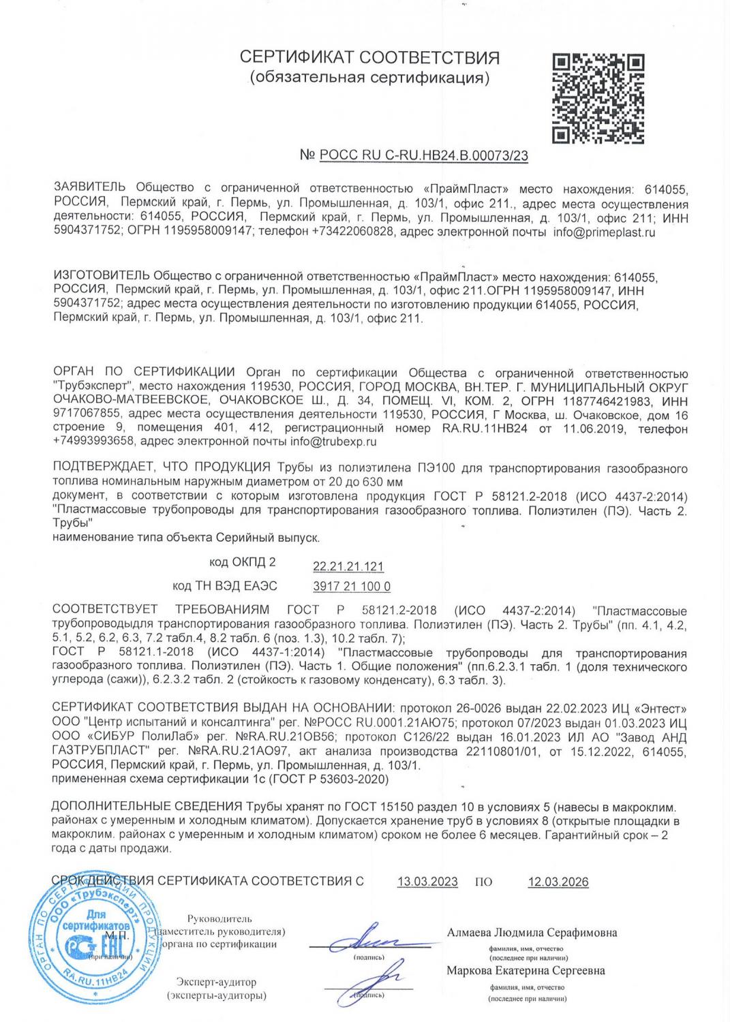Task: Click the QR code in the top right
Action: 597,99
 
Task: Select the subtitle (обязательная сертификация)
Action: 370,78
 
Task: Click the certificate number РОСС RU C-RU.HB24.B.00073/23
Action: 423,156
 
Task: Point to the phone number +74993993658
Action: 95,442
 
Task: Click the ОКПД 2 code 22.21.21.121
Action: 348,567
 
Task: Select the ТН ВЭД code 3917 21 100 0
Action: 351,587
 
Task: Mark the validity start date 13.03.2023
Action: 427,882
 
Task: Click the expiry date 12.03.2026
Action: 558,882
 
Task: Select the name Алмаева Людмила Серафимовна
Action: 532,932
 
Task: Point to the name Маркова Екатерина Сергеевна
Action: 526,970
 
